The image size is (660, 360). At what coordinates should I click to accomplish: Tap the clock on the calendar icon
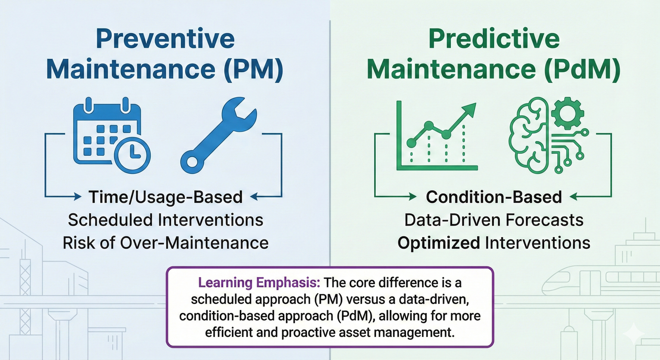click(132, 155)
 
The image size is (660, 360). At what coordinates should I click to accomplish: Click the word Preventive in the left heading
click(165, 39)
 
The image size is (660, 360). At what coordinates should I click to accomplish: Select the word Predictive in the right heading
click(494, 39)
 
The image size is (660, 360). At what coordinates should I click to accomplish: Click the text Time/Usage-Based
click(165, 197)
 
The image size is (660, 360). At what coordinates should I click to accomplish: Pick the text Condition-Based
click(494, 197)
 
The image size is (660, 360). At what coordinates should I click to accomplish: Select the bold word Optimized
click(438, 243)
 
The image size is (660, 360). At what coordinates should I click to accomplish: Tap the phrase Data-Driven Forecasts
click(494, 220)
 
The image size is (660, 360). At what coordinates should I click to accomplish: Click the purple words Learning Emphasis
click(259, 283)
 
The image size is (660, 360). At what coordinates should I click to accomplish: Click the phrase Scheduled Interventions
click(165, 220)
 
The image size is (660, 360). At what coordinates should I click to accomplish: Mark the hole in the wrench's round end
click(192, 161)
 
